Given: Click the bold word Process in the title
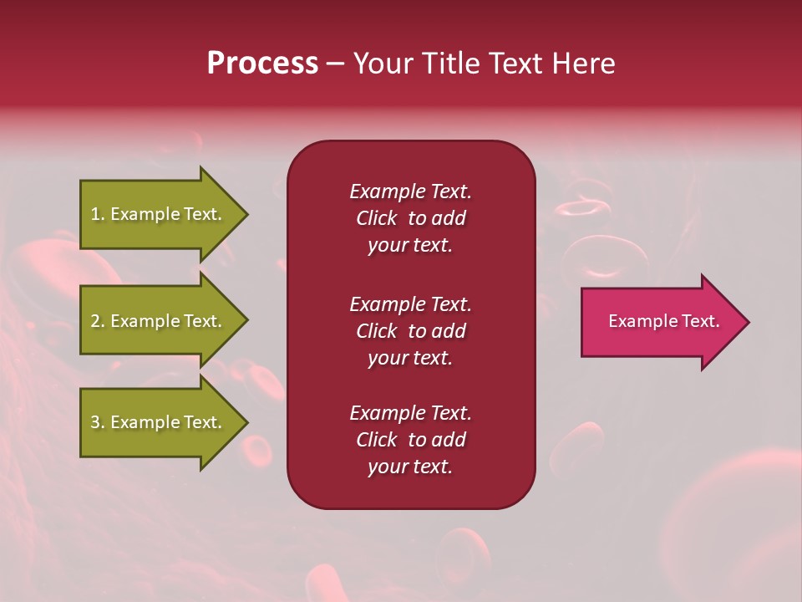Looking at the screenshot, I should pos(262,64).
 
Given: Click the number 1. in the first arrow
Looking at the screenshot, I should pos(98,214).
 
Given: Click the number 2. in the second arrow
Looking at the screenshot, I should pos(98,321).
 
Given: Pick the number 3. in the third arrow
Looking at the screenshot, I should pos(98,422).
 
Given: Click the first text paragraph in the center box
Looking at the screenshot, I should pos(410,218).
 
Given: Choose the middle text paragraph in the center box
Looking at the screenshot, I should pos(410,331).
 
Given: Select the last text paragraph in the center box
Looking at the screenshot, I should pos(410,440).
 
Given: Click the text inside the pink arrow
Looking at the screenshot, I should pos(663,321).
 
